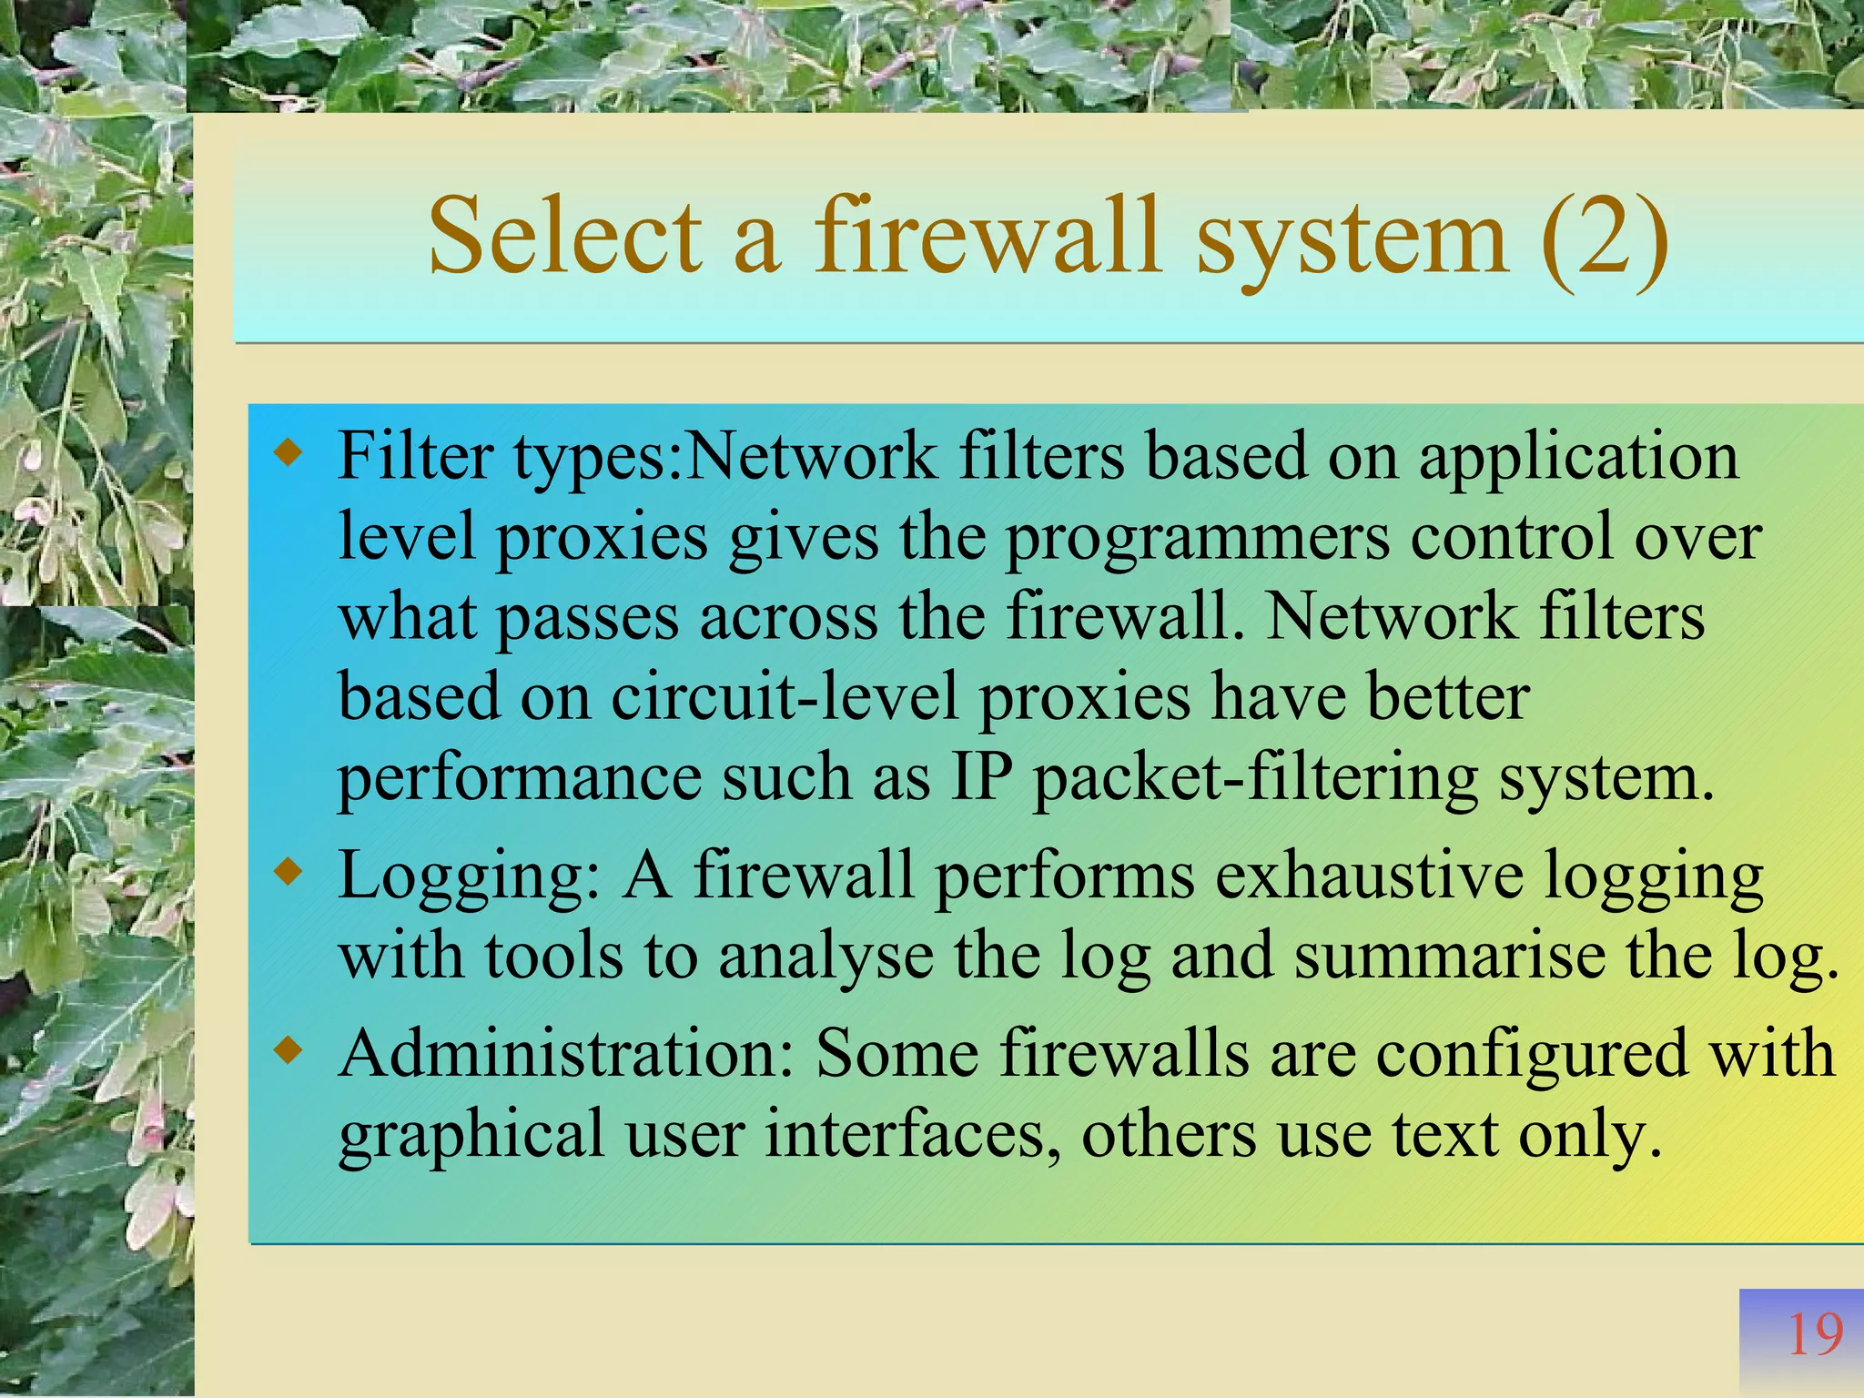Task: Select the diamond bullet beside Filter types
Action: (289, 452)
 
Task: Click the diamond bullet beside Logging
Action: (289, 873)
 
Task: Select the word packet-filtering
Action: (1256, 779)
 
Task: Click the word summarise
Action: (1449, 956)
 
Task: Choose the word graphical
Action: (471, 1136)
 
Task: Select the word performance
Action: (519, 779)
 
